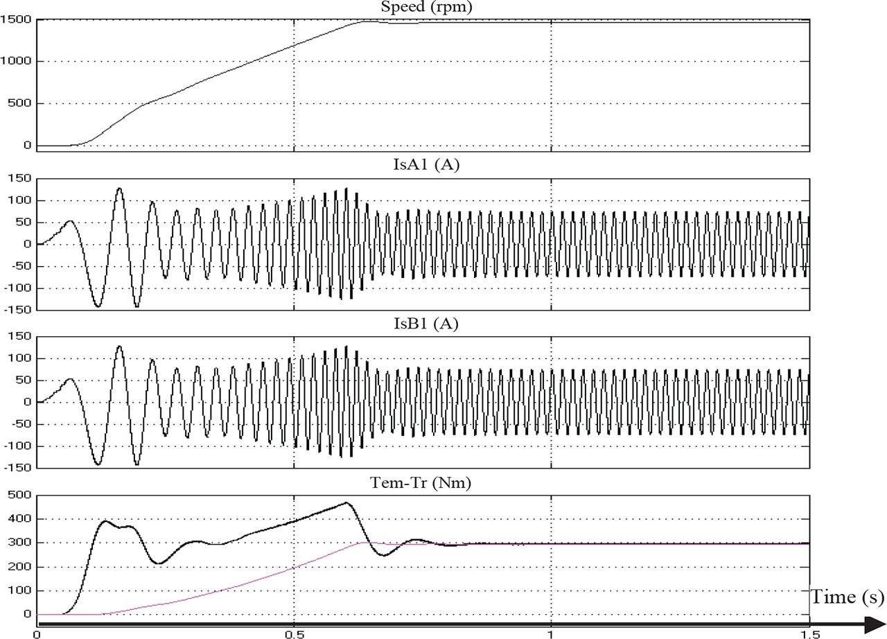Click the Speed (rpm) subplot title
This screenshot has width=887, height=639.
point(426,7)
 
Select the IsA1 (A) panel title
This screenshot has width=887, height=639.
point(426,164)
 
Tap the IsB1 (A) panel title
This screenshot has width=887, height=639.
point(426,324)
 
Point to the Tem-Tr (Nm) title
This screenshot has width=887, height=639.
point(421,482)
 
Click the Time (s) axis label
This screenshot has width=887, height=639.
point(848,597)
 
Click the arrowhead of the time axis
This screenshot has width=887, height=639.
point(875,624)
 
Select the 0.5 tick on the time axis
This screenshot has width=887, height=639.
point(295,635)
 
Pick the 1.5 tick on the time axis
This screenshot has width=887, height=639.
point(809,635)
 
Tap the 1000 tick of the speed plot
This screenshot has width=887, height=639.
point(16,61)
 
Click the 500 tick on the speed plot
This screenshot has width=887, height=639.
point(19,103)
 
